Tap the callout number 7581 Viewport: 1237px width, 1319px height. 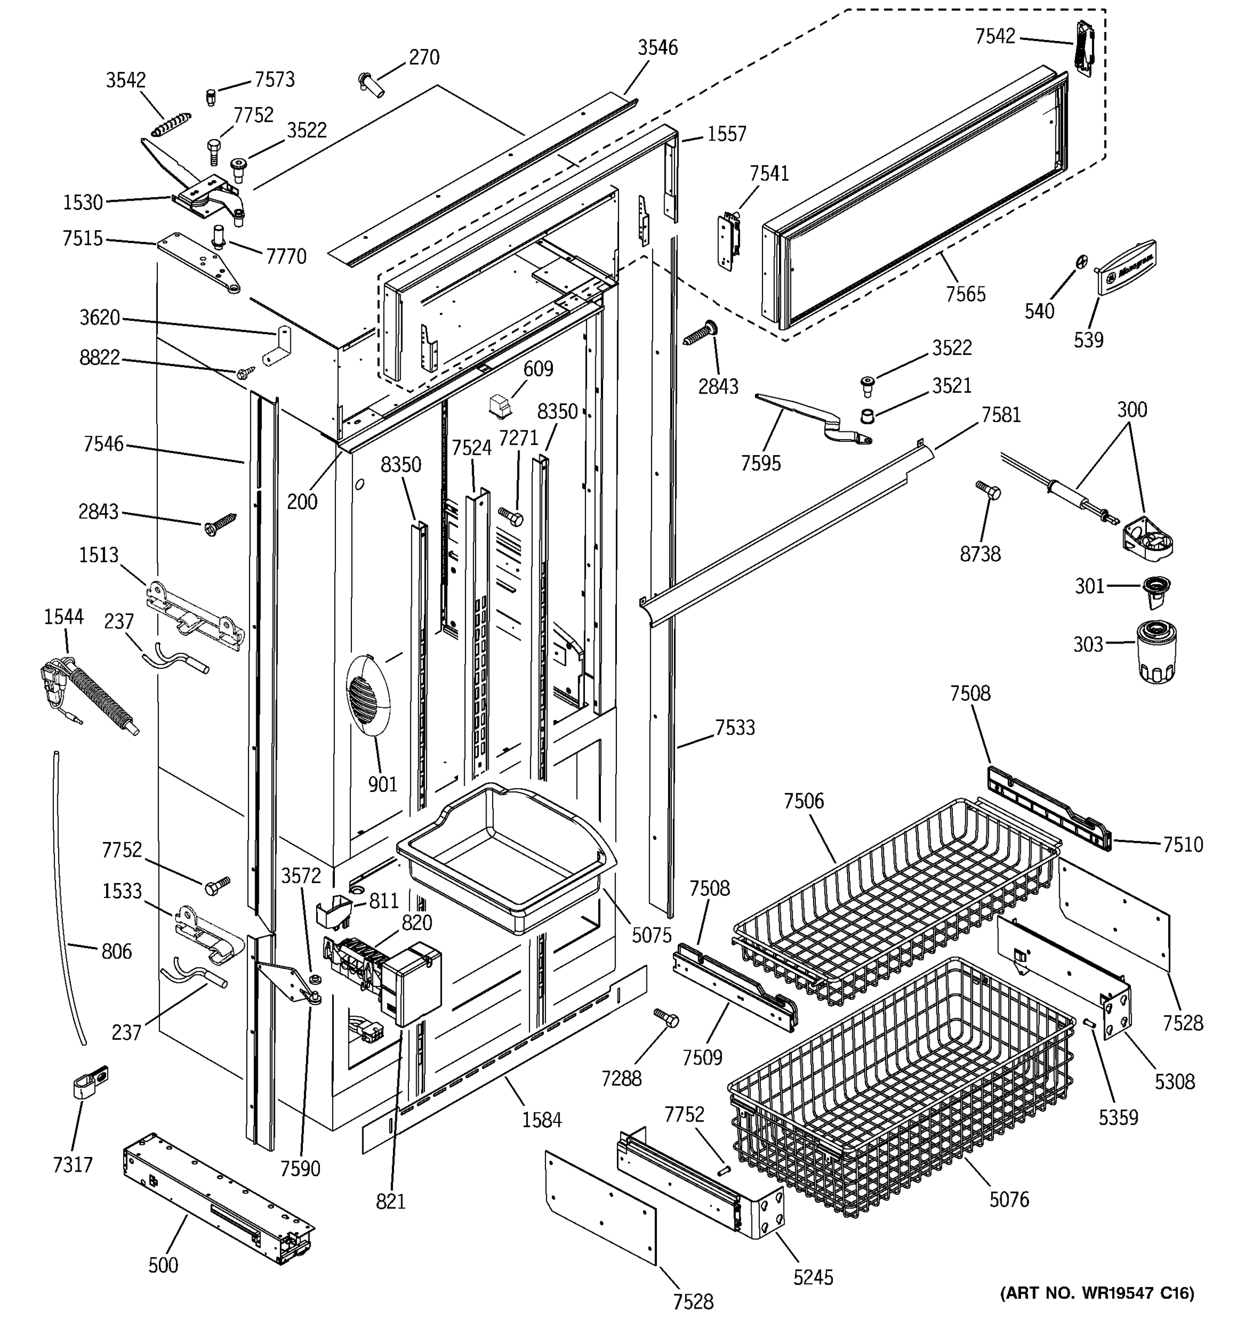pyautogui.click(x=1001, y=415)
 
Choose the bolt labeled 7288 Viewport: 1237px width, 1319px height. pyautogui.click(x=666, y=1017)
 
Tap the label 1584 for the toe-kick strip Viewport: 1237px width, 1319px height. pyautogui.click(x=542, y=1120)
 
